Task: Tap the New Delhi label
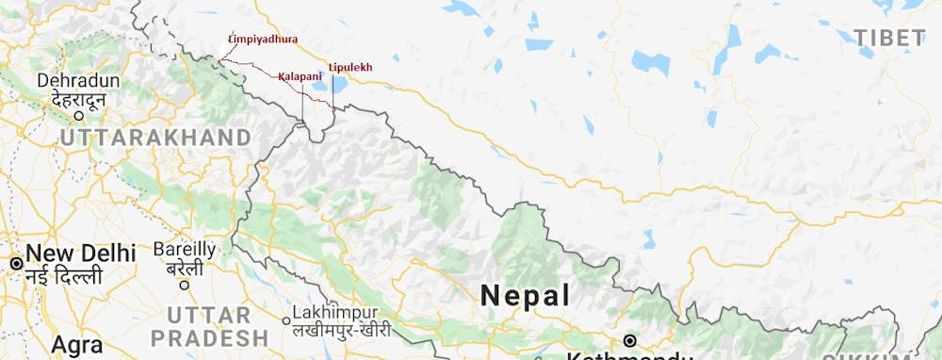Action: pos(81,253)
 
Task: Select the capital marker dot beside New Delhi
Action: pos(15,263)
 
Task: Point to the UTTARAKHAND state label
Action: pos(155,138)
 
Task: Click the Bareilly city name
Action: pos(185,250)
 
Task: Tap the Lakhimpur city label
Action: pos(334,312)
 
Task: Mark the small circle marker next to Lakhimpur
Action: pos(286,319)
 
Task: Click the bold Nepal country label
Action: pos(525,295)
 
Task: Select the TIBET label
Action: pos(889,39)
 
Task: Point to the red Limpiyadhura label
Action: pos(263,40)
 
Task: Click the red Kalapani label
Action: pos(300,75)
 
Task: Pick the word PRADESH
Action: pos(209,336)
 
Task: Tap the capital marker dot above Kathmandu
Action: pos(629,340)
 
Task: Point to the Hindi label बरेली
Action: pos(185,270)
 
